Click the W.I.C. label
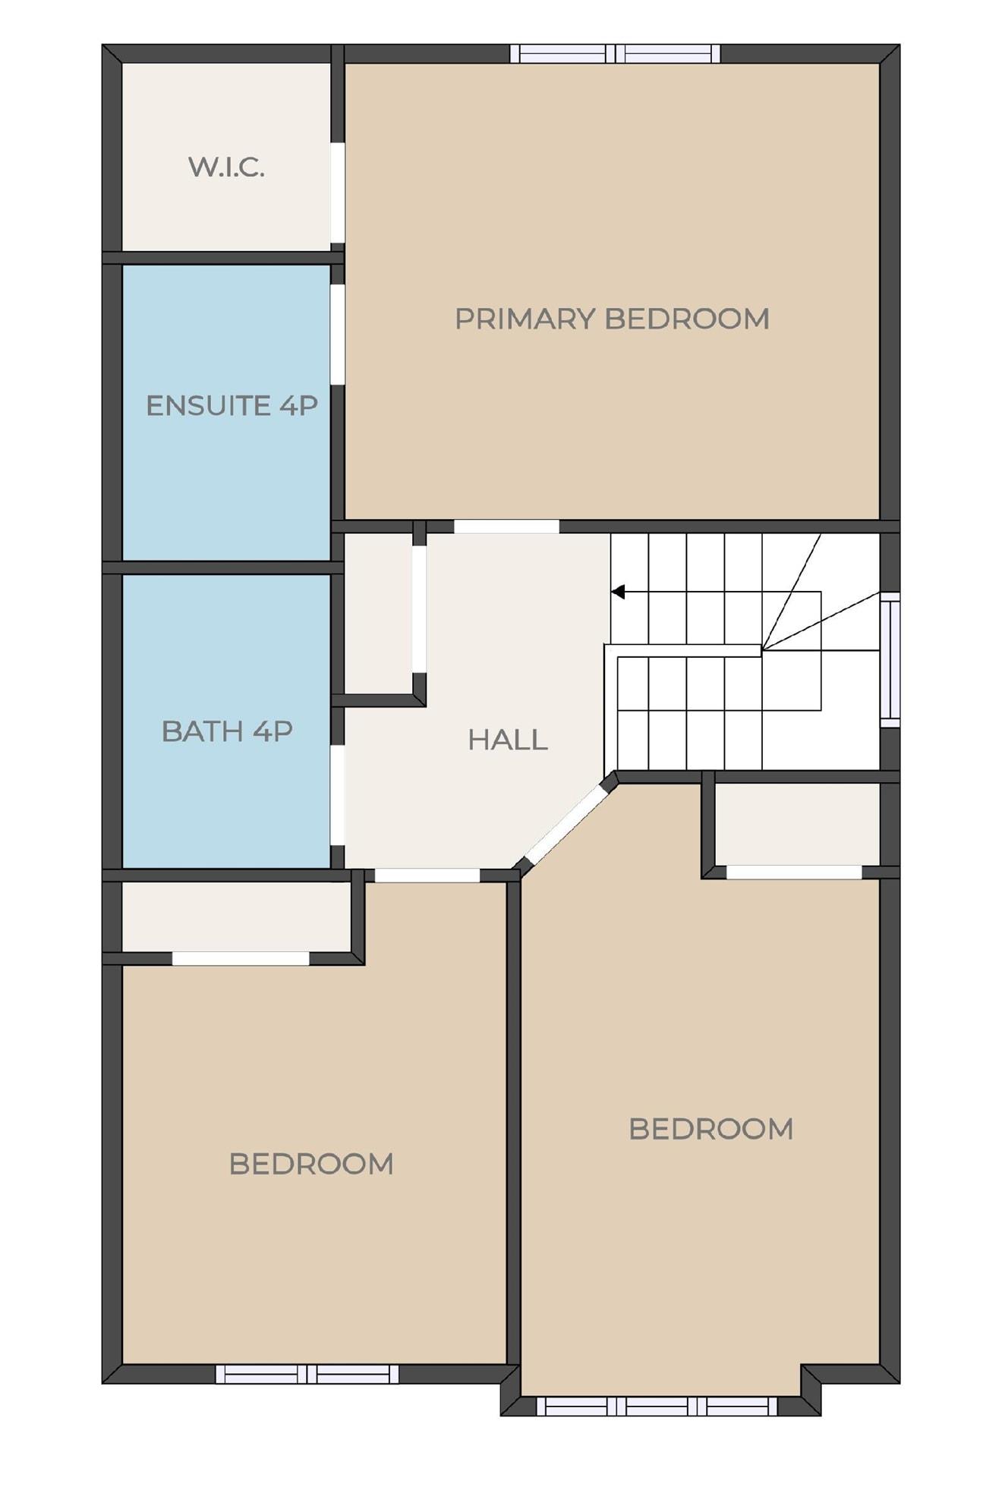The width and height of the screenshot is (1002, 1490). (x=226, y=167)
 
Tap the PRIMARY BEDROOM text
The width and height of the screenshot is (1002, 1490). (x=612, y=319)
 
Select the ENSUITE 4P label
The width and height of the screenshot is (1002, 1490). (x=232, y=406)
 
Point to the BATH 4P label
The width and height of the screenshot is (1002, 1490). (x=227, y=731)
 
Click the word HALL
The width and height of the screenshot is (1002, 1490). (x=508, y=740)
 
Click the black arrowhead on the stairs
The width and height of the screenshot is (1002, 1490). (x=618, y=592)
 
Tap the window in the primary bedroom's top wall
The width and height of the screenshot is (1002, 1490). (x=615, y=54)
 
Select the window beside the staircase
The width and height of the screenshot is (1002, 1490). (x=890, y=659)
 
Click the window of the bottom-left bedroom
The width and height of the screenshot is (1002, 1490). (x=307, y=1373)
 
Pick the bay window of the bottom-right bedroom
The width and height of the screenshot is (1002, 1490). (x=657, y=1406)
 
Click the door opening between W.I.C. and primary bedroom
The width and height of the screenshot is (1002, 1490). (x=338, y=193)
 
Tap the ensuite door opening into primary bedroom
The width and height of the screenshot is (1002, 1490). (x=338, y=334)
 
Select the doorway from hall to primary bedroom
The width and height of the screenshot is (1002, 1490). (x=506, y=527)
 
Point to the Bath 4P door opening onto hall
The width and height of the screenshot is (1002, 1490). (x=338, y=794)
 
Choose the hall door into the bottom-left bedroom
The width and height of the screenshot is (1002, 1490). (x=427, y=875)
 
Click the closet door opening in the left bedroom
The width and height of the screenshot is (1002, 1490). (x=241, y=959)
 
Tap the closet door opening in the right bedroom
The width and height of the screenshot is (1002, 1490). (x=794, y=872)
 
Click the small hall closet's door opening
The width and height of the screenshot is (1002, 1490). (x=419, y=609)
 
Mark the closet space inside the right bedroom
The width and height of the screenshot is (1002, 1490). (x=798, y=824)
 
